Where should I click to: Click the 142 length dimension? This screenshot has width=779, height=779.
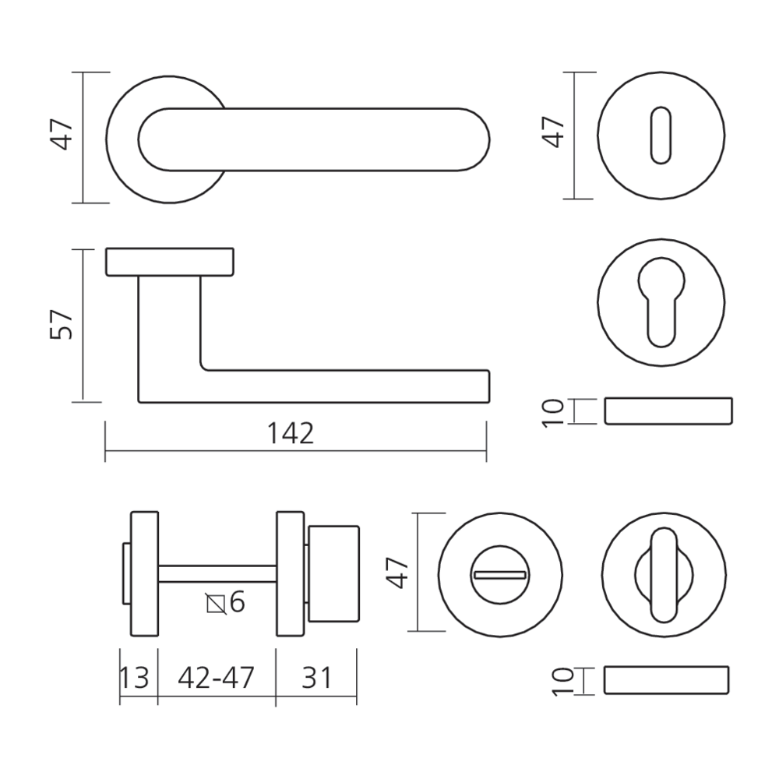point(291,433)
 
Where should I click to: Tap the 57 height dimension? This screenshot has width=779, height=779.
point(62,324)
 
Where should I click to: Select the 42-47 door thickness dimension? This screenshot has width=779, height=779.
point(216,677)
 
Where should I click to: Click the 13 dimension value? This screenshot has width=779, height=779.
point(135,678)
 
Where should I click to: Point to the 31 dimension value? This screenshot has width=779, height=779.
point(316,678)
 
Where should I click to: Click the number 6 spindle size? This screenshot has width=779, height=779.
point(238,602)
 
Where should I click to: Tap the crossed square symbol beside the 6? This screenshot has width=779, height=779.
point(216,604)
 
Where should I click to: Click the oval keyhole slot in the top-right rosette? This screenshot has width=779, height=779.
point(661,135)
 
